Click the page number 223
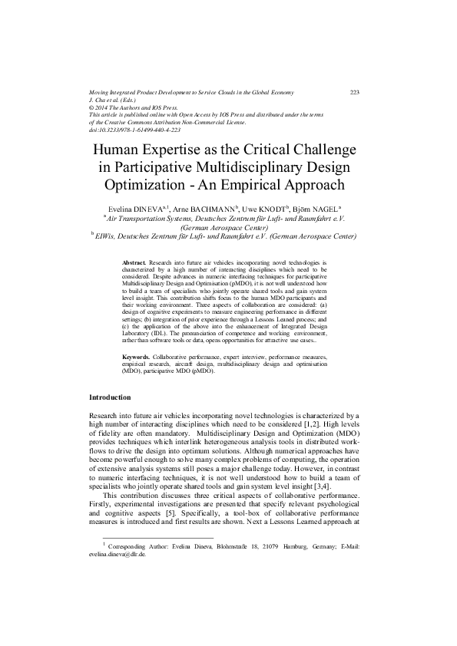pyautogui.click(x=355, y=92)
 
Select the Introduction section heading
pyautogui.click(x=111, y=397)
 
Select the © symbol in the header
pyautogui.click(x=92, y=107)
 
